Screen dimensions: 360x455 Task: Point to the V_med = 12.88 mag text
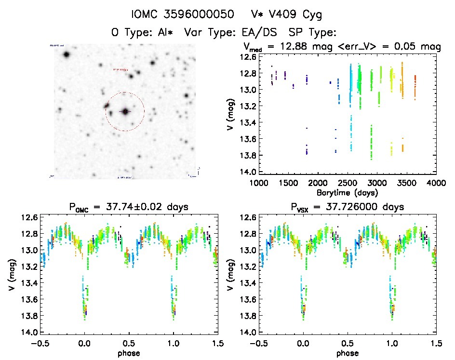point(283,47)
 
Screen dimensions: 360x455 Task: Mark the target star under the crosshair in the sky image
point(125,111)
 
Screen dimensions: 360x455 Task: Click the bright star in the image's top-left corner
point(66,54)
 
